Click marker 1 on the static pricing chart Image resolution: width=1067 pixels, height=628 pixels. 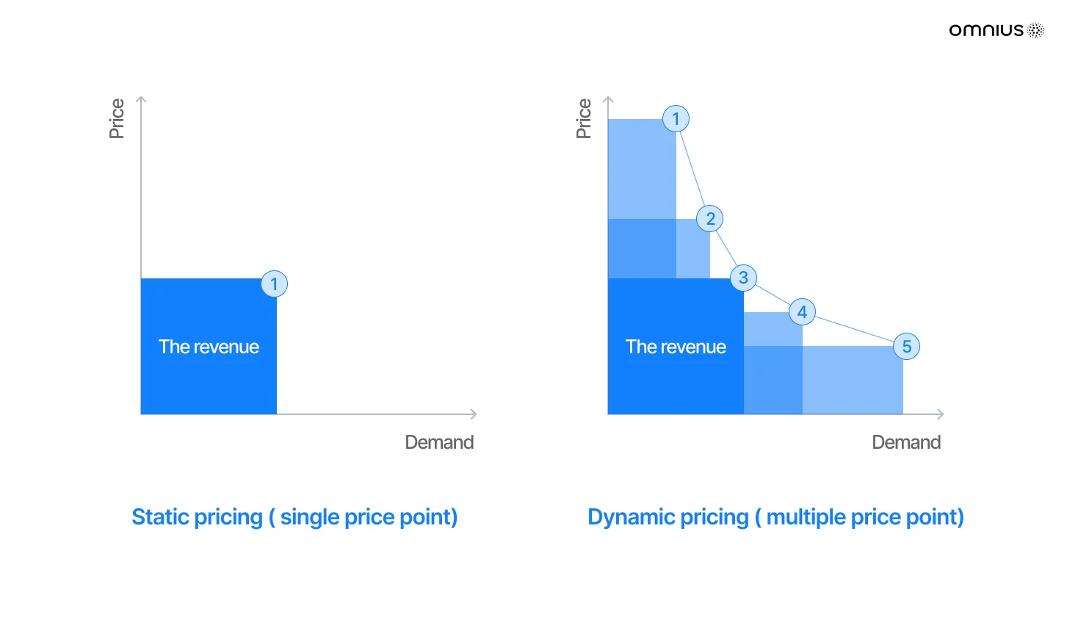pyautogui.click(x=275, y=284)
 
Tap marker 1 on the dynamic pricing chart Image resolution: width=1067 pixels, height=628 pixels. pyautogui.click(x=676, y=119)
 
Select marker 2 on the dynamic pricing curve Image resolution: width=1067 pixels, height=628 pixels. pyautogui.click(x=710, y=219)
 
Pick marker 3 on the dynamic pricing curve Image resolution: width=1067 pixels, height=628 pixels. pyautogui.click(x=744, y=278)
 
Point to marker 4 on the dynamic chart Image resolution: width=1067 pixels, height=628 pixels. pyautogui.click(x=802, y=312)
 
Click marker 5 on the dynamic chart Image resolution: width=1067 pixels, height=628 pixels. pyautogui.click(x=906, y=347)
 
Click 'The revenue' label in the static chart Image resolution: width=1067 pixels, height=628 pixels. pyautogui.click(x=209, y=347)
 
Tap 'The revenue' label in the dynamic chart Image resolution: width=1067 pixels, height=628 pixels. pyautogui.click(x=676, y=347)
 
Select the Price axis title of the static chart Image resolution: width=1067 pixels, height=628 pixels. pyautogui.click(x=117, y=119)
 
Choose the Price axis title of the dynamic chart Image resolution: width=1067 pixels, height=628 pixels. pyautogui.click(x=584, y=119)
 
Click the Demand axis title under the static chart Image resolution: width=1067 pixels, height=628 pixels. pyautogui.click(x=439, y=442)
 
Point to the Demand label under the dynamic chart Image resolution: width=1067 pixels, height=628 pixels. pyautogui.click(x=906, y=442)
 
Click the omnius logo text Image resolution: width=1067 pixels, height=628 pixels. pyautogui.click(x=986, y=31)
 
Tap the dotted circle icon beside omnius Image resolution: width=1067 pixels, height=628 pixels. pyautogui.click(x=1035, y=30)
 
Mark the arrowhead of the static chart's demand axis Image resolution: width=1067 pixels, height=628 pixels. pyautogui.click(x=474, y=414)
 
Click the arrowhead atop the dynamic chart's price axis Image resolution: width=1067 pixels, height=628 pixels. pyautogui.click(x=608, y=100)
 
